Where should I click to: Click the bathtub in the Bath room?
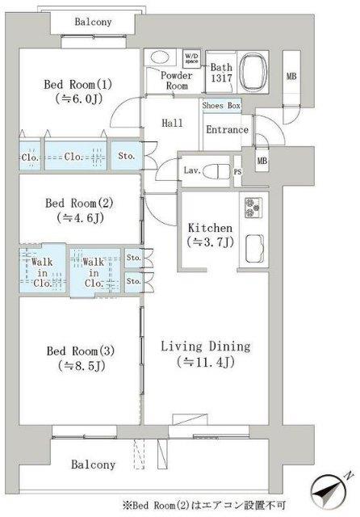coord(253,73)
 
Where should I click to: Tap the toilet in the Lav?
coord(216,171)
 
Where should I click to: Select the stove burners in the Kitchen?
coord(253,208)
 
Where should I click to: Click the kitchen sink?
coord(254,248)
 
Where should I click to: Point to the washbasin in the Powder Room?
coord(160,57)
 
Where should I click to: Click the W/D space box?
coord(191,59)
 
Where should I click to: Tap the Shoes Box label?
coord(221,106)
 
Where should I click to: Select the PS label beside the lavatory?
coord(237,172)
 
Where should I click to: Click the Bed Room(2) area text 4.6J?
coord(80,217)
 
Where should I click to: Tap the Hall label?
coord(172,124)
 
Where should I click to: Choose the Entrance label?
coord(228,129)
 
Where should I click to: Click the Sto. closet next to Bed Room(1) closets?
coord(126,156)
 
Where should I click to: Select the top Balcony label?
coord(93,22)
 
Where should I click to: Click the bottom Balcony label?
coord(93,464)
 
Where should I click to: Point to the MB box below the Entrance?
coord(262,160)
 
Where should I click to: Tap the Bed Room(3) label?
coord(81,351)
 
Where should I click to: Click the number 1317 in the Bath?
coord(221,78)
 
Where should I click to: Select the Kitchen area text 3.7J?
coord(210,242)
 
